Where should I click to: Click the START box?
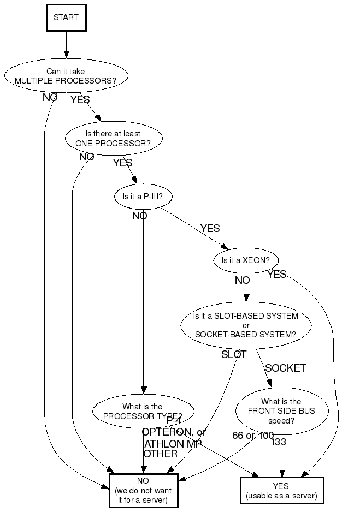coord(66,17)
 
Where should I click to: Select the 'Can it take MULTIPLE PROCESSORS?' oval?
coord(67,75)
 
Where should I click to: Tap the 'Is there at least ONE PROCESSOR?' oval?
coord(114,138)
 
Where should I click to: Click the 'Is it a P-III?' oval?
coord(143,197)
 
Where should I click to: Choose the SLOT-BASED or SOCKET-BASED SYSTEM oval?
coord(246,325)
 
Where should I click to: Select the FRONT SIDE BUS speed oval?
coord(282,412)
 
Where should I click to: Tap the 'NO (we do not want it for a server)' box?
coord(143,490)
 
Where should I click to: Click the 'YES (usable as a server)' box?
coord(282,490)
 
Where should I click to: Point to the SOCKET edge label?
coord(285,368)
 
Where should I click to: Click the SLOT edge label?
coord(234,355)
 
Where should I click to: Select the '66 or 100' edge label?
coord(252,436)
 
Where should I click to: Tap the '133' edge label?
coord(279,442)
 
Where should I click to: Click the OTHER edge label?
coord(161,454)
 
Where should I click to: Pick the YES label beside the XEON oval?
coord(277,275)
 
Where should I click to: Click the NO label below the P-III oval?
coord(140,216)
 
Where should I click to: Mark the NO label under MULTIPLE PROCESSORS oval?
coord(50,98)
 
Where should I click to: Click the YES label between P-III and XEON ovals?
coord(210,229)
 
